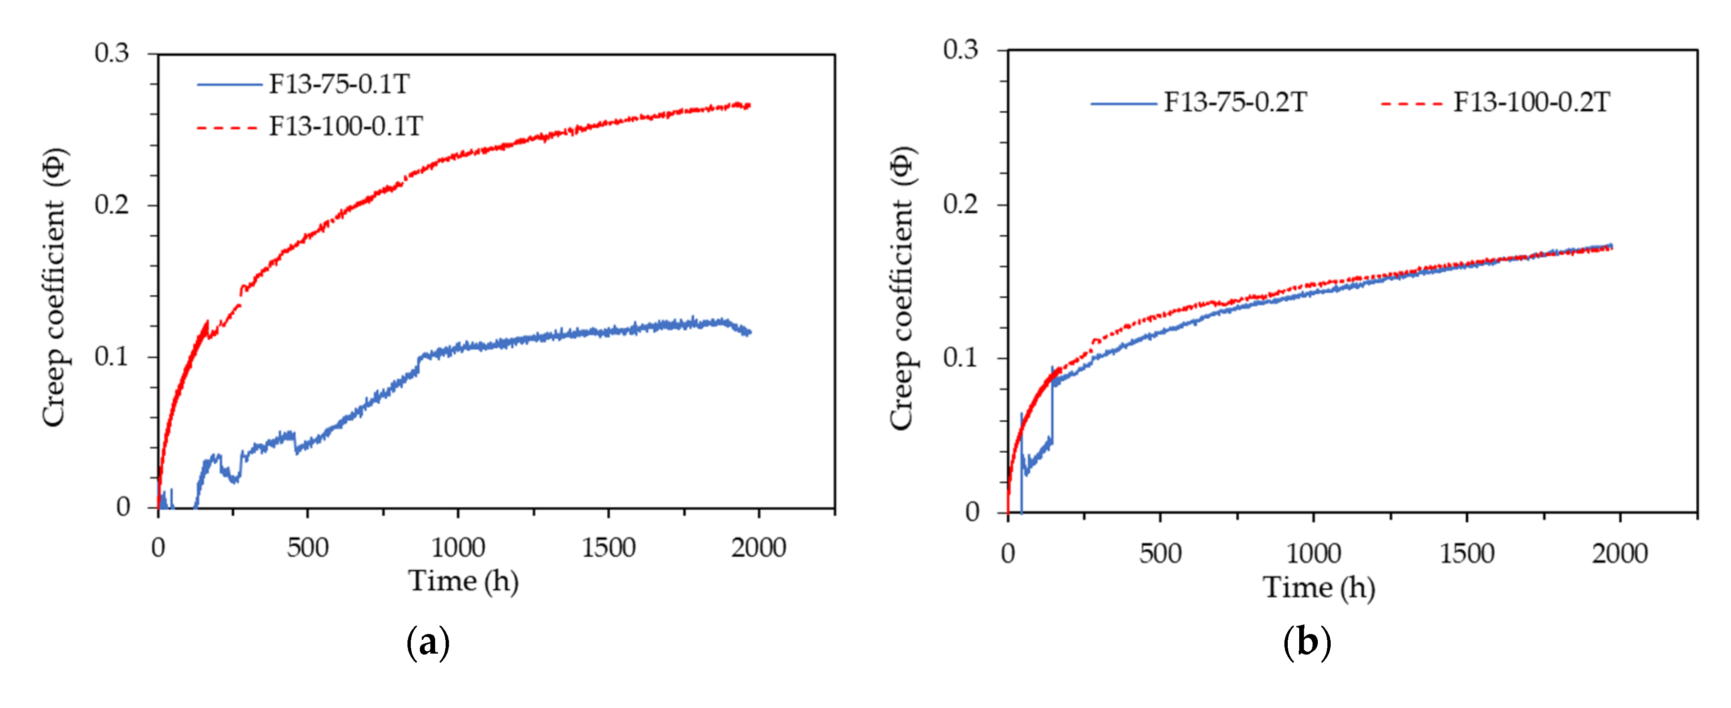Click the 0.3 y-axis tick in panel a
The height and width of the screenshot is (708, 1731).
[x=112, y=53]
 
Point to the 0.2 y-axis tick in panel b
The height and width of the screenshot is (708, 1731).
[x=960, y=204]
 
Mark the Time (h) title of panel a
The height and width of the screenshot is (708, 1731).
[x=464, y=582]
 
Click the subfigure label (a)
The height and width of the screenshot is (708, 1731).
[x=428, y=643]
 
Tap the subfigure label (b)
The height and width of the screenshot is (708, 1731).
[x=1307, y=643]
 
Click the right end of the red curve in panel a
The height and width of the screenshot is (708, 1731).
[x=749, y=106]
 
